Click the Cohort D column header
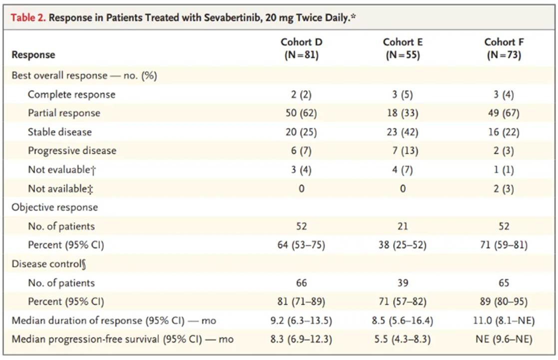[x=301, y=48]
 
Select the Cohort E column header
[x=403, y=48]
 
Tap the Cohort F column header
[x=504, y=48]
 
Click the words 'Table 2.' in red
[x=28, y=18]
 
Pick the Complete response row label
[x=71, y=95]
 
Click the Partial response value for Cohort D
[x=301, y=113]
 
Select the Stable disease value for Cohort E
[x=403, y=132]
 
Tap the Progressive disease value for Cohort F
[x=504, y=151]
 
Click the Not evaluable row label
[x=62, y=170]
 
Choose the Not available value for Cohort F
[x=504, y=189]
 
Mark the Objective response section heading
[x=54, y=207]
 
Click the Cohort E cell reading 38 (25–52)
[x=403, y=245]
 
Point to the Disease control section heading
[x=49, y=264]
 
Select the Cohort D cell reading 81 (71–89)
[x=301, y=302]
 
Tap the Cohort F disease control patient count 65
[x=504, y=283]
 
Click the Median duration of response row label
[x=114, y=321]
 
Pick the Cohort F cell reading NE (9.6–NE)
[x=504, y=340]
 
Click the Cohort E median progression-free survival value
[x=403, y=340]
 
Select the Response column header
[x=33, y=55]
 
